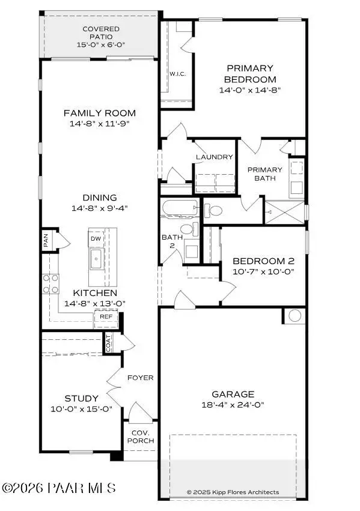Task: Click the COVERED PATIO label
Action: (100, 33)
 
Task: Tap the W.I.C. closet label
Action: (177, 74)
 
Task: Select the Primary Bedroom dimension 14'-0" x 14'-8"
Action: (250, 89)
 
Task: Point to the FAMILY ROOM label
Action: (100, 113)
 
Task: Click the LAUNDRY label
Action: (214, 157)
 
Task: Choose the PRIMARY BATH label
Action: (264, 174)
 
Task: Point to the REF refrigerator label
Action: (106, 316)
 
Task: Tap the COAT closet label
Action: (109, 343)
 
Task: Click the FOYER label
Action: (141, 378)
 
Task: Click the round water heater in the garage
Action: (294, 315)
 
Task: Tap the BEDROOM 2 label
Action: (263, 261)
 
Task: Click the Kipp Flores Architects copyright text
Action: (233, 492)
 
